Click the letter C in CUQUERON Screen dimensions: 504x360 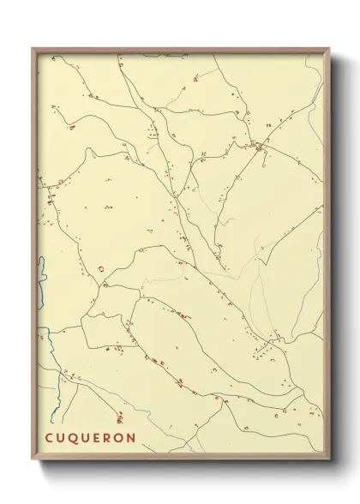pyautogui.click(x=50, y=438)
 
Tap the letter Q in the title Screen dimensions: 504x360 pyautogui.click(x=74, y=438)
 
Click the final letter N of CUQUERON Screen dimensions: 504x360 pyautogui.click(x=131, y=438)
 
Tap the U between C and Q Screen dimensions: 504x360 pyautogui.click(x=62, y=438)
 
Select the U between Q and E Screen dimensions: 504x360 pyautogui.click(x=85, y=438)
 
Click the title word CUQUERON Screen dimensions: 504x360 pyautogui.click(x=90, y=438)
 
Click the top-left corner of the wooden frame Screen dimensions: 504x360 pyautogui.click(x=33, y=48)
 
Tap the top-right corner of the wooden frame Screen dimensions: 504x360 pyautogui.click(x=329, y=48)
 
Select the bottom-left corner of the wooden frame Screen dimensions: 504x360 pyautogui.click(x=33, y=455)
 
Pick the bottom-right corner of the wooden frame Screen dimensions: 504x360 pyautogui.click(x=329, y=455)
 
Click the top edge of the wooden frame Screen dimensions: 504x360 pyautogui.click(x=180, y=49)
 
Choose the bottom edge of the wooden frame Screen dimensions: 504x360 pyautogui.click(x=180, y=453)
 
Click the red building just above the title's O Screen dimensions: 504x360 pyautogui.click(x=119, y=419)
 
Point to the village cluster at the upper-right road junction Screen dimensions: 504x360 pyautogui.click(x=259, y=147)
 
